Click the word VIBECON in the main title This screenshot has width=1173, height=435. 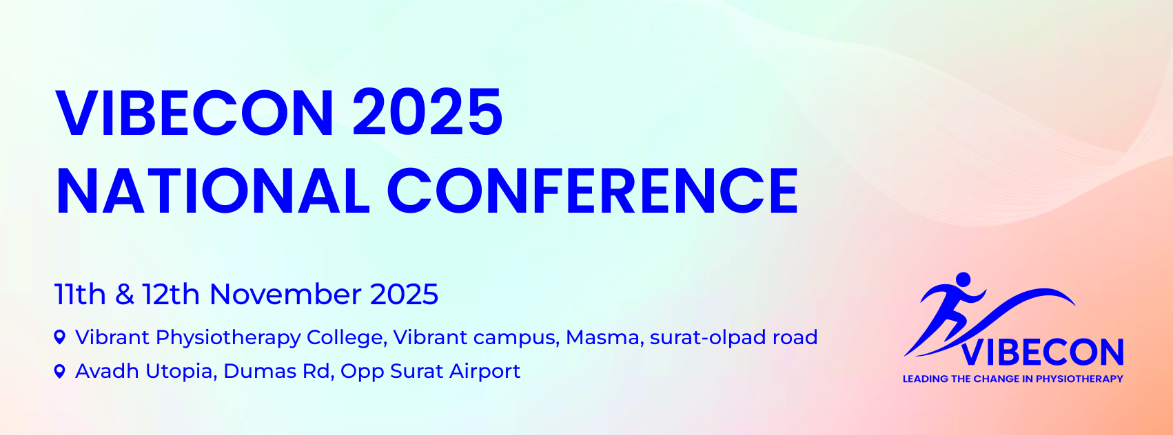coord(194,114)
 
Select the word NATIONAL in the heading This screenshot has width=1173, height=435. coord(212,191)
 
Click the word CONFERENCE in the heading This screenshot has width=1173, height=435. coord(593,191)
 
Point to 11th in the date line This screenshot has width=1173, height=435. coord(79,295)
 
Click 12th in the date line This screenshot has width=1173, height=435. coord(171,295)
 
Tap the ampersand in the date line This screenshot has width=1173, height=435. coord(124,295)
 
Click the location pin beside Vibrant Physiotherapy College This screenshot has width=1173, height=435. coord(60,337)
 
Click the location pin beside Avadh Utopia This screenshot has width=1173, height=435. coord(60,371)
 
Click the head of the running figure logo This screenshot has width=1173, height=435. coord(963,279)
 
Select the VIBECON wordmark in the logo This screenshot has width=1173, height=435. coord(1043,352)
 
